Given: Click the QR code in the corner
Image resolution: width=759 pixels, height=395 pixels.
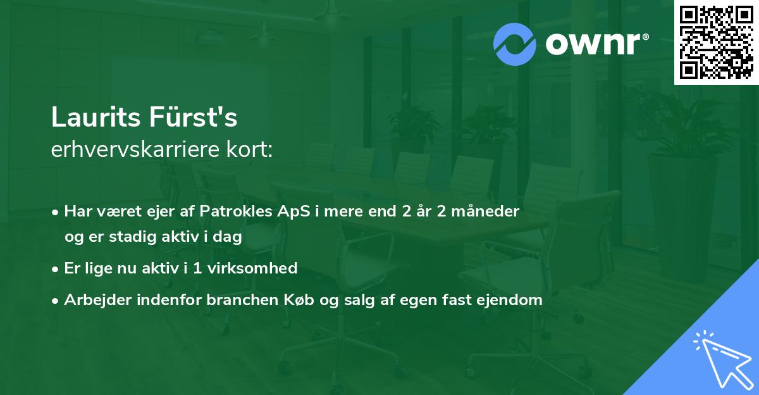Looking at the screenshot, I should [x=717, y=42].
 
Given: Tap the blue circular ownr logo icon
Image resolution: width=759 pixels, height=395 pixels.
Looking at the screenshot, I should [x=515, y=44].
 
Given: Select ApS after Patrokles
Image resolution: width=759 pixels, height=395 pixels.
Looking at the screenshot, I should [x=281, y=211].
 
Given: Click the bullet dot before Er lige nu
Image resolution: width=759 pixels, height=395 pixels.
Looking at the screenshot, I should [x=56, y=269].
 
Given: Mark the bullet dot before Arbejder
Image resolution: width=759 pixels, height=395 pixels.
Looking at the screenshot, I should [x=56, y=301].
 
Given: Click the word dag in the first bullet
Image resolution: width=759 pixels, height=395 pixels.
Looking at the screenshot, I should [x=231, y=237].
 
